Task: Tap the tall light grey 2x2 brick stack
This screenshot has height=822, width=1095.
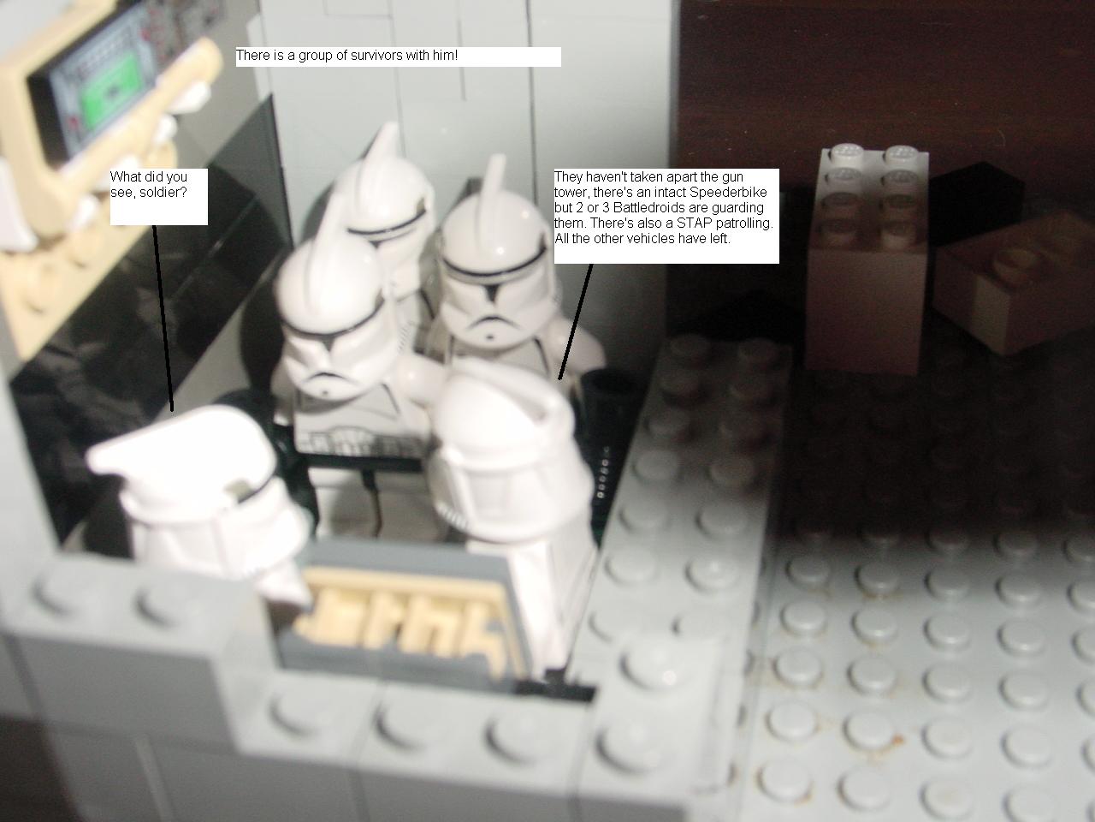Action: click(868, 259)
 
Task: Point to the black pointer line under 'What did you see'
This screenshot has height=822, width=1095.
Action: click(163, 319)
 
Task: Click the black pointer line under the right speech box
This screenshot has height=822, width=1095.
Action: click(576, 321)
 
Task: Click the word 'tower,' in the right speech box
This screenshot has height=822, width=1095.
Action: click(571, 192)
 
